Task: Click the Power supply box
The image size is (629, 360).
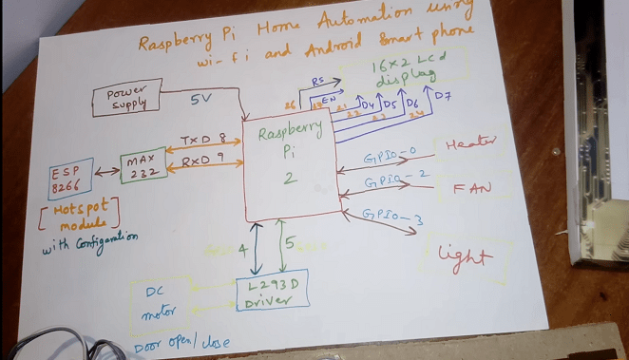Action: point(125,98)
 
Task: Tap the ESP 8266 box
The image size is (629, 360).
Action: point(70,178)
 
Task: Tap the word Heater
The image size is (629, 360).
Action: point(471,142)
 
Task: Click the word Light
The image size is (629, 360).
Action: point(466,256)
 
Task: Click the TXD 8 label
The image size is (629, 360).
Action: point(203,139)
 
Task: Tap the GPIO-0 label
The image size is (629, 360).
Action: point(390,153)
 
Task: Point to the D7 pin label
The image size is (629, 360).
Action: point(442,97)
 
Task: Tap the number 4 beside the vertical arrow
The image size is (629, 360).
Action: point(242,251)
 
